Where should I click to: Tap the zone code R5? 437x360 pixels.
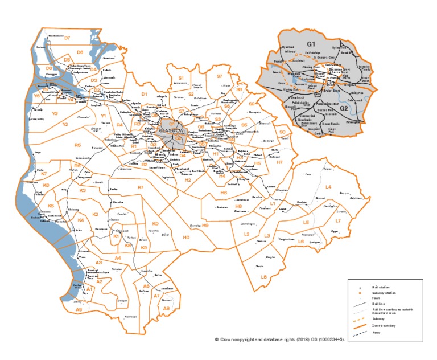click(78, 145)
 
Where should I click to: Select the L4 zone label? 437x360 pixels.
click(328, 187)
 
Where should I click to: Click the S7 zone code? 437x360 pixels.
click(219, 76)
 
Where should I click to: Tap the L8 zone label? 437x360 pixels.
click(263, 277)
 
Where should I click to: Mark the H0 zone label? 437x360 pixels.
click(185, 237)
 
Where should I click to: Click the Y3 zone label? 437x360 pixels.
click(55, 114)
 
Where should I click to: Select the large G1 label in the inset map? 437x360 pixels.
click(311, 43)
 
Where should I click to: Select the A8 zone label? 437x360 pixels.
click(167, 308)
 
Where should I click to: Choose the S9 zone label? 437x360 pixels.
click(251, 104)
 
